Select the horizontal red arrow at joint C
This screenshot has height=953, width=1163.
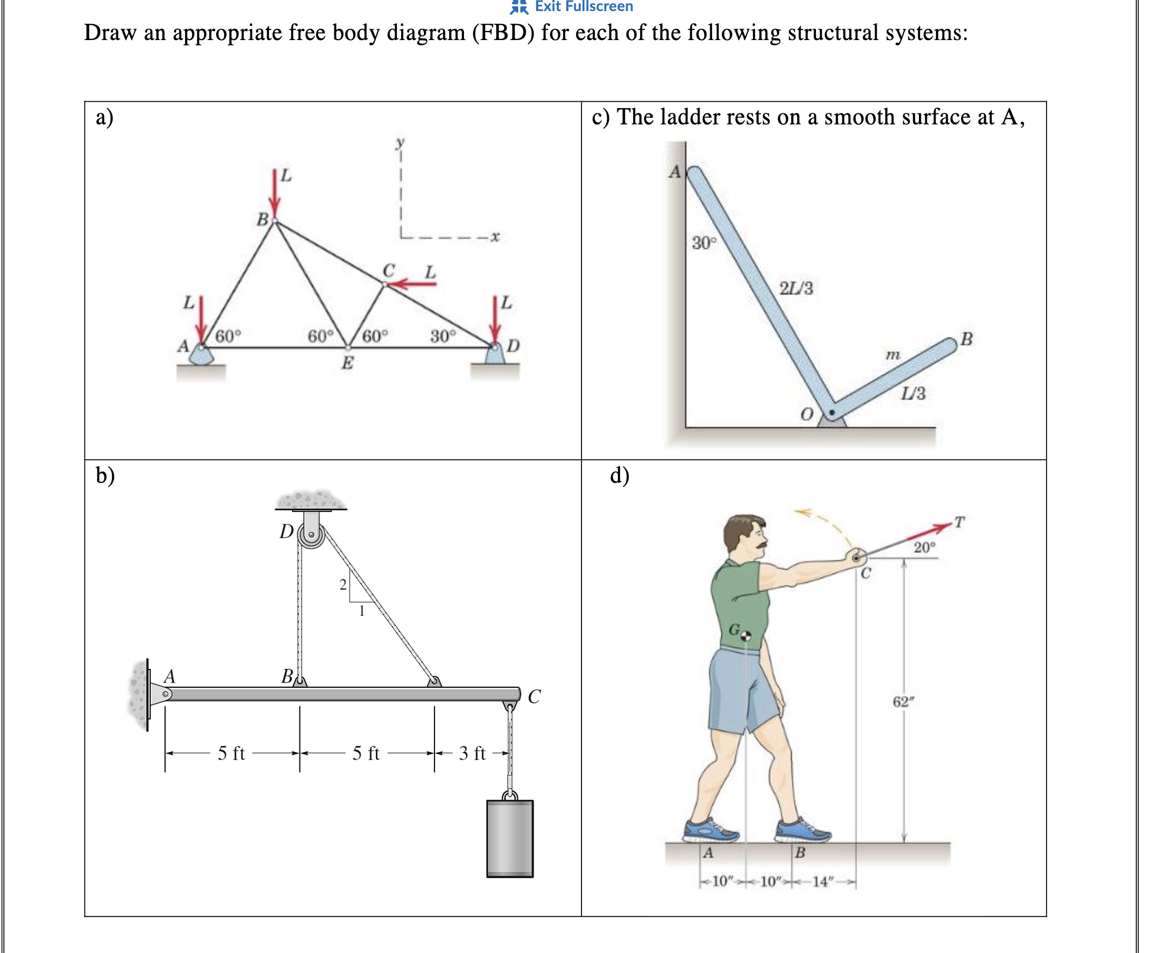pos(415,283)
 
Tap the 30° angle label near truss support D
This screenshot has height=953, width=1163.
pos(442,335)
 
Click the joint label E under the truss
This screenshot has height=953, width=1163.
pos(347,363)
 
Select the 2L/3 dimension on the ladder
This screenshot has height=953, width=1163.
pos(796,288)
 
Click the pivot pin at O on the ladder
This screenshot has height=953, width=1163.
pos(832,412)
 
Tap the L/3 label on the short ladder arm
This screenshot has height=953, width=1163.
pos(913,393)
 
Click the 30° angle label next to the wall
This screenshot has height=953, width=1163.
pos(704,242)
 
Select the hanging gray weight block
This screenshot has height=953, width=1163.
pos(510,838)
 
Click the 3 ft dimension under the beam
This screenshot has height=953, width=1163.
pos(472,753)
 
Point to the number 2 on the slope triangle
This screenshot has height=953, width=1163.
pos(343,585)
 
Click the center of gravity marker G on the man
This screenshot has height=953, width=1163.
pos(745,636)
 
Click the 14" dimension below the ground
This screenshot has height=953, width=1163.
pos(822,882)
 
